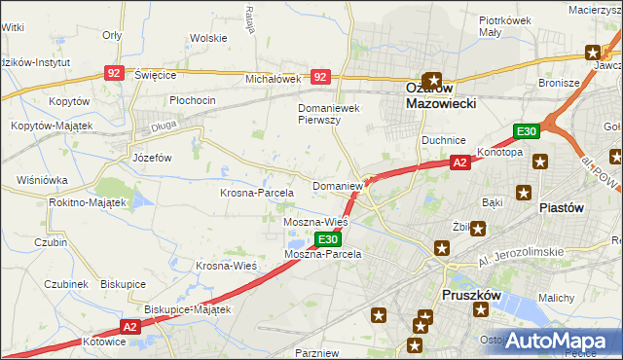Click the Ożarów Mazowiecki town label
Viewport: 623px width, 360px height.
pyautogui.click(x=434, y=93)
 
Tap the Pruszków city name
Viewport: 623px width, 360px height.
pyautogui.click(x=472, y=294)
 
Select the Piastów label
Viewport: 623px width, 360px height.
pyautogui.click(x=561, y=207)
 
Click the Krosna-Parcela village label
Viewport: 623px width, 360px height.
pyautogui.click(x=256, y=193)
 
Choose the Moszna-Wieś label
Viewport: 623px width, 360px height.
pyautogui.click(x=314, y=222)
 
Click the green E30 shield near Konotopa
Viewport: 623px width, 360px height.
pyautogui.click(x=527, y=132)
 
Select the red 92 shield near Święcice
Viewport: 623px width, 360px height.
pyautogui.click(x=115, y=73)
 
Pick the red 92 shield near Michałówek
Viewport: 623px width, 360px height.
pyautogui.click(x=320, y=75)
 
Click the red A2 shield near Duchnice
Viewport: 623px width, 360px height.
pyautogui.click(x=460, y=163)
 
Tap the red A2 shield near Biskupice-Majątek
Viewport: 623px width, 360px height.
pyautogui.click(x=132, y=328)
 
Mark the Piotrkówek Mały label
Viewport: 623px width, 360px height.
pyautogui.click(x=503, y=25)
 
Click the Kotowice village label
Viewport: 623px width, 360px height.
pyautogui.click(x=104, y=342)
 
